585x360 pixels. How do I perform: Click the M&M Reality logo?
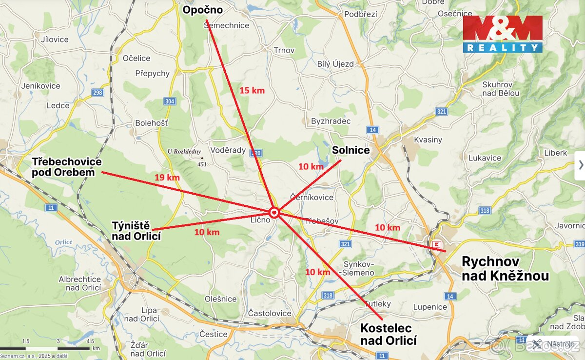point(502,34)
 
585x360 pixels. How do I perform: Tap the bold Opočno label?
point(202,10)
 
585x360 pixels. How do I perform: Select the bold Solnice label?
point(351,150)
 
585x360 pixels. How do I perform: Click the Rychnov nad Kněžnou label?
point(505,268)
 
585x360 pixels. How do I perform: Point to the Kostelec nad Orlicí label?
point(389,334)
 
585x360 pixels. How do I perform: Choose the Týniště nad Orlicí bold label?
point(136,231)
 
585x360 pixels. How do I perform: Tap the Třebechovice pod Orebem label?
point(67,167)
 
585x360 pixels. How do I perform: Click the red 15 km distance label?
point(252,90)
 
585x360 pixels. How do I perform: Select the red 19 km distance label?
point(167,177)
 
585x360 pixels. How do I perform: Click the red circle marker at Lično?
point(274,212)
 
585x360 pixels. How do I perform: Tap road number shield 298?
point(97,93)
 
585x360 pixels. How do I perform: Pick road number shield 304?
point(170,101)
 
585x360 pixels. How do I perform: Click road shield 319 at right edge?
point(579,243)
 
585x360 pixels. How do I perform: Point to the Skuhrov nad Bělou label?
point(501,88)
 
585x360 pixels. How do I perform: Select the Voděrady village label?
point(228,150)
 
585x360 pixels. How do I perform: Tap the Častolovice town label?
point(270,313)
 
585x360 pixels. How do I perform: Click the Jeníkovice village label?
point(41,86)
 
